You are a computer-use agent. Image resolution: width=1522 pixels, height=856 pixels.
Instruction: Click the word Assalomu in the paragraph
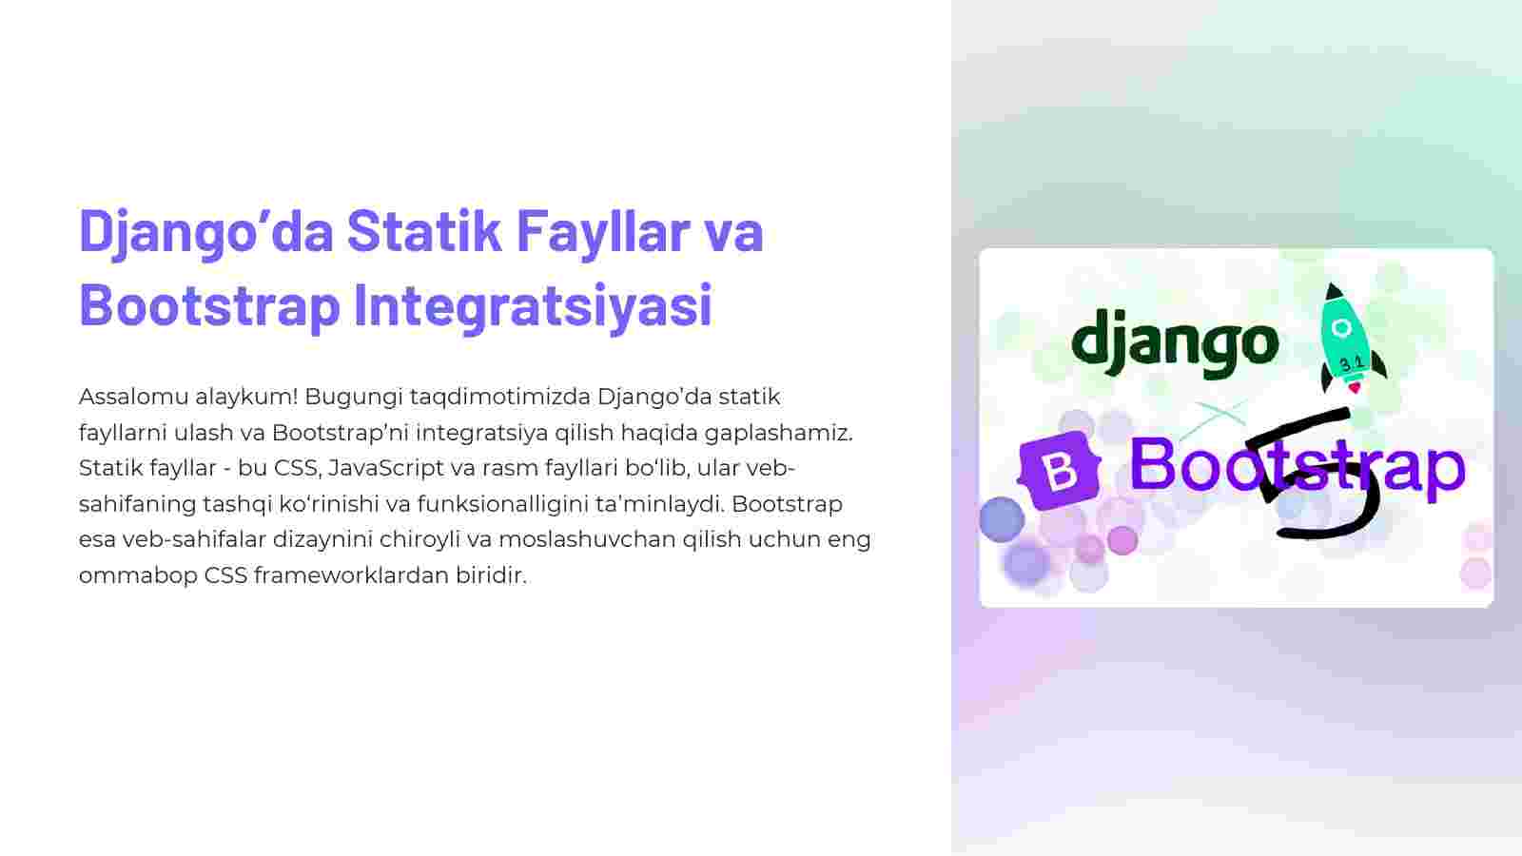click(133, 396)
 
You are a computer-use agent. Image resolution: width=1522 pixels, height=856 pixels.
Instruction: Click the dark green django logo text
click(1175, 343)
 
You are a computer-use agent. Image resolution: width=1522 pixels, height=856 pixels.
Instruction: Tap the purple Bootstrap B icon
click(1059, 470)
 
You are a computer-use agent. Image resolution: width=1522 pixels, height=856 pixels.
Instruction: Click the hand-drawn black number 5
click(1312, 475)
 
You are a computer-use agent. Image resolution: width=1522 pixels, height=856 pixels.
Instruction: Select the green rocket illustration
click(1351, 339)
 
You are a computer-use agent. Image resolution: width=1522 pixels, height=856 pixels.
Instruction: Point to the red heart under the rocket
click(1355, 388)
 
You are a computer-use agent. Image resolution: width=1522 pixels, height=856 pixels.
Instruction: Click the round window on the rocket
click(1341, 328)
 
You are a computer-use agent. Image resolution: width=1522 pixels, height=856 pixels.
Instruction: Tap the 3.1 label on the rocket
click(1352, 364)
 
